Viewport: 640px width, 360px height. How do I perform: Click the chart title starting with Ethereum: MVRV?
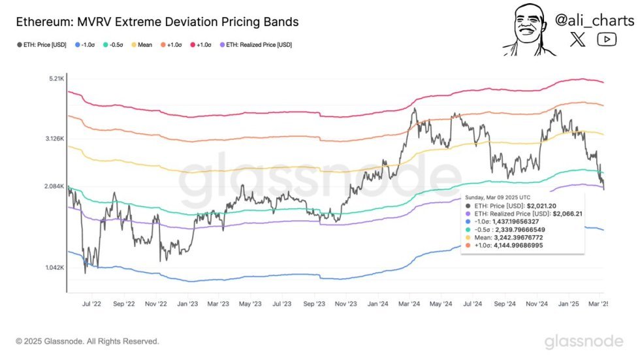pyautogui.click(x=156, y=22)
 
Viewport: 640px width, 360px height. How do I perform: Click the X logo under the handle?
pyautogui.click(x=578, y=40)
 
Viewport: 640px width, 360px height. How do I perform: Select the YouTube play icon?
pyautogui.click(x=607, y=40)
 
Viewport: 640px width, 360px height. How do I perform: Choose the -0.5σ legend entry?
pyautogui.click(x=108, y=45)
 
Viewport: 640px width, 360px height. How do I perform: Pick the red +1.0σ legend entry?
pyautogui.click(x=203, y=45)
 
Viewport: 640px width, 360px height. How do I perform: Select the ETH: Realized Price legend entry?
pyautogui.click(x=257, y=45)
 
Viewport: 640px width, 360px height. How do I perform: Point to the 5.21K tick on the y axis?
pyautogui.click(x=54, y=79)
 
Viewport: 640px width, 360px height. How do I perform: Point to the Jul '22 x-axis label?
pyautogui.click(x=91, y=304)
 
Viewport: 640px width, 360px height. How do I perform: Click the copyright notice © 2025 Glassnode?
pyautogui.click(x=87, y=341)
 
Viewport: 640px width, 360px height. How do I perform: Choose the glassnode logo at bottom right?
pyautogui.click(x=583, y=341)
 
